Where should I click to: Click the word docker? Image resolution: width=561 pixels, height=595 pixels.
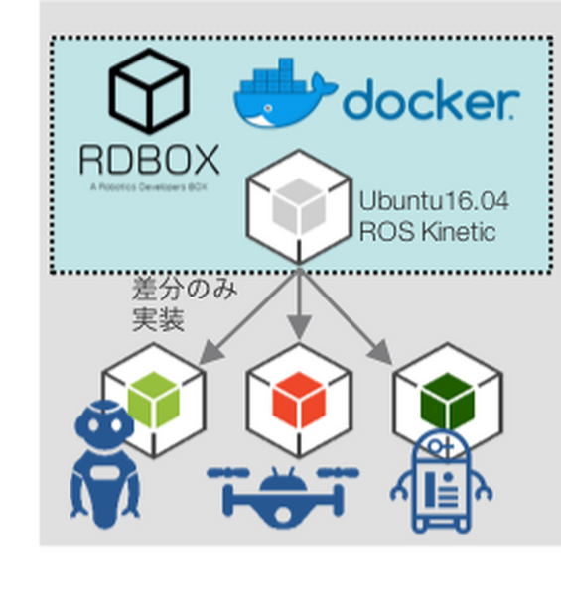[x=430, y=100]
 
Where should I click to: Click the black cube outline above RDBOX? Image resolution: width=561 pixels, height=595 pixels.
[x=149, y=92]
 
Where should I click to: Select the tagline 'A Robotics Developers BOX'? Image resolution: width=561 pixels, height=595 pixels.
[x=148, y=185]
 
